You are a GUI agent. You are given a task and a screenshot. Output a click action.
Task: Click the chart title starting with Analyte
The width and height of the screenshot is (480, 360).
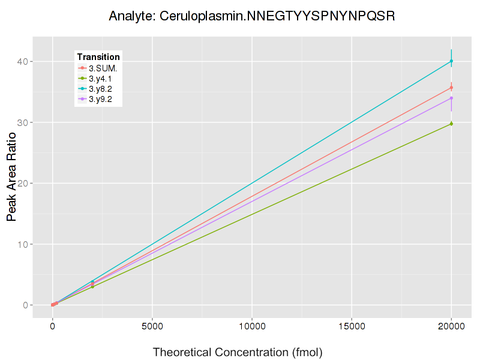point(251,16)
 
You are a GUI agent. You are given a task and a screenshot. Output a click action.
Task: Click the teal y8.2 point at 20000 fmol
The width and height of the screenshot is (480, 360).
point(451,61)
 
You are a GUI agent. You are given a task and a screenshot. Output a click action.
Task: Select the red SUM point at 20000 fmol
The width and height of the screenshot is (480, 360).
point(451,88)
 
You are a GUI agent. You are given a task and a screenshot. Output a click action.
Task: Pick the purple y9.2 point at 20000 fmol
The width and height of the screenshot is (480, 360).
point(451,98)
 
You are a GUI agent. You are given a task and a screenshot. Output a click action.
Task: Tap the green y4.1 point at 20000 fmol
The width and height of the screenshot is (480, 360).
point(451,124)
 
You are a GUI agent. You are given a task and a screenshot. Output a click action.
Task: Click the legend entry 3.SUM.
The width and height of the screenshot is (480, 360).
point(103,68)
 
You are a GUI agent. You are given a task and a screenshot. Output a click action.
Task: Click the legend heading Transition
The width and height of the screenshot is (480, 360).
point(98,56)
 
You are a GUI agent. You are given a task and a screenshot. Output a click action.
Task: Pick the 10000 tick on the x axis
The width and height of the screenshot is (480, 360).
point(251,327)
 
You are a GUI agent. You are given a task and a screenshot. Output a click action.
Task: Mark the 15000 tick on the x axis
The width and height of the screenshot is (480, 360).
point(351,327)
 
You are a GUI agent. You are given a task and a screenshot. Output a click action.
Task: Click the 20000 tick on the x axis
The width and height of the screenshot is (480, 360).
point(451,327)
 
